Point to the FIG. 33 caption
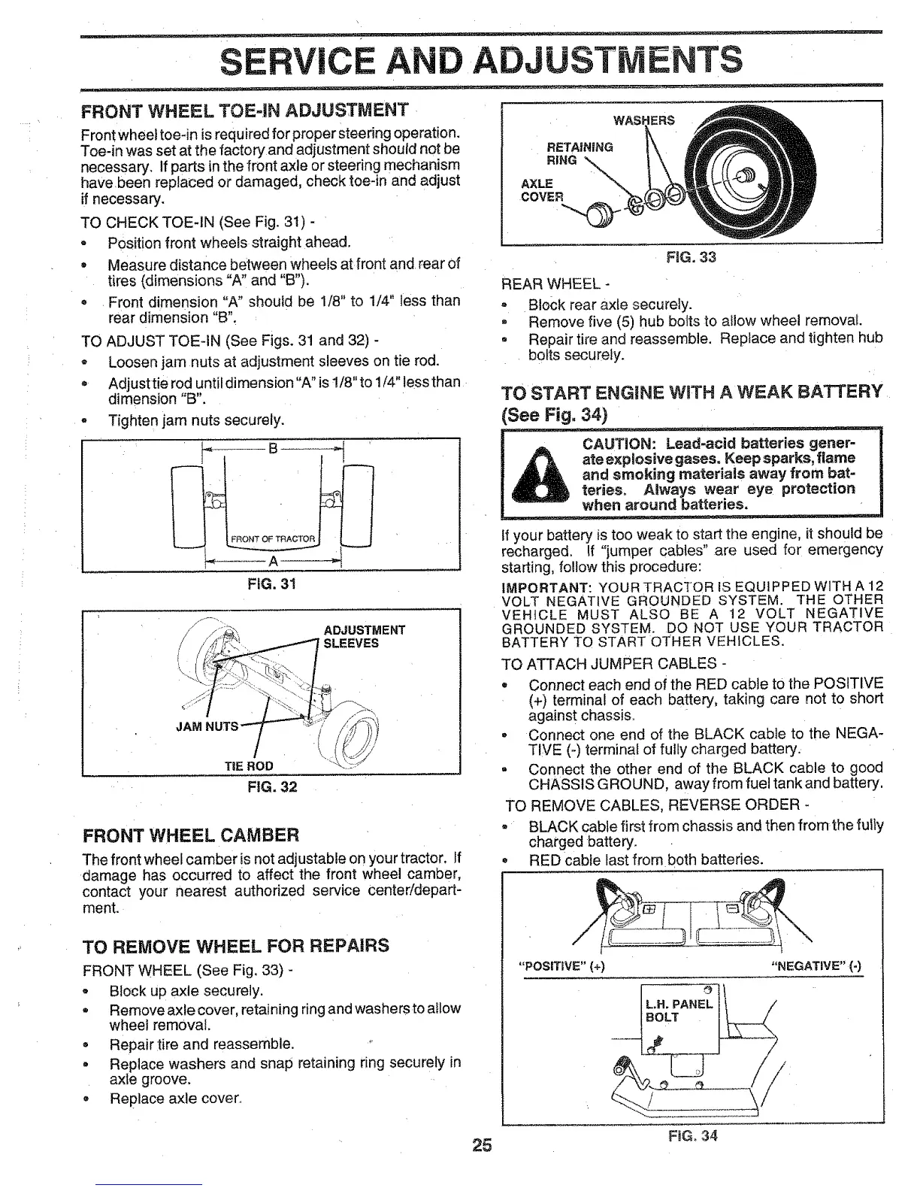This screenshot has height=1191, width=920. (x=691, y=257)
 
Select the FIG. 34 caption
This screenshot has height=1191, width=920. (x=692, y=1135)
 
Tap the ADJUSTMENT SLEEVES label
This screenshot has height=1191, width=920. (x=364, y=636)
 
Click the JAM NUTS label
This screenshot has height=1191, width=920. (x=207, y=726)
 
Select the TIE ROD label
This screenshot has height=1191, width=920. (x=249, y=765)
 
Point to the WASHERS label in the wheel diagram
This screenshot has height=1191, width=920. (x=644, y=120)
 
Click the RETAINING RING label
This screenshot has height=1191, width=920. (x=580, y=153)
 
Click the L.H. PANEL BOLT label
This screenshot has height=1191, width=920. (x=678, y=1011)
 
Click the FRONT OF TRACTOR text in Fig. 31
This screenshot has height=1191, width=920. (x=271, y=538)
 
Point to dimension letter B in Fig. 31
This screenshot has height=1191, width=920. (x=273, y=450)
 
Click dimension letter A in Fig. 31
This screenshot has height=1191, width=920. (x=273, y=561)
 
